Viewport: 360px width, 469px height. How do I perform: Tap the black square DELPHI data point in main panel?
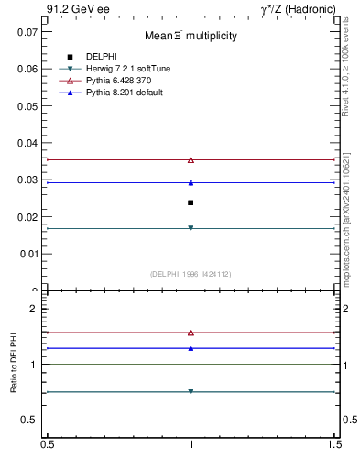coord(191,202)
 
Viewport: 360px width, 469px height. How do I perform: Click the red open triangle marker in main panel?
coord(191,159)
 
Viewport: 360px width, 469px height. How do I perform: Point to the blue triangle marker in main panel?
coord(191,182)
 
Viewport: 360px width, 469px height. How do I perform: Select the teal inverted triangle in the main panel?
coord(191,228)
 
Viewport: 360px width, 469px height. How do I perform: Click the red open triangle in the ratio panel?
coord(191,333)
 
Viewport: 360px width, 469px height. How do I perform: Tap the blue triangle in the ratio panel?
coord(191,348)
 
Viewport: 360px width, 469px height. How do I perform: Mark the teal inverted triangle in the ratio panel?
coord(191,391)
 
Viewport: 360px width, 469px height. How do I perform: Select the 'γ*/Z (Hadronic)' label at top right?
coord(301,9)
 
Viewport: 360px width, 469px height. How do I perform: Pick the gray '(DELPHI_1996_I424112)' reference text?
coord(191,273)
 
